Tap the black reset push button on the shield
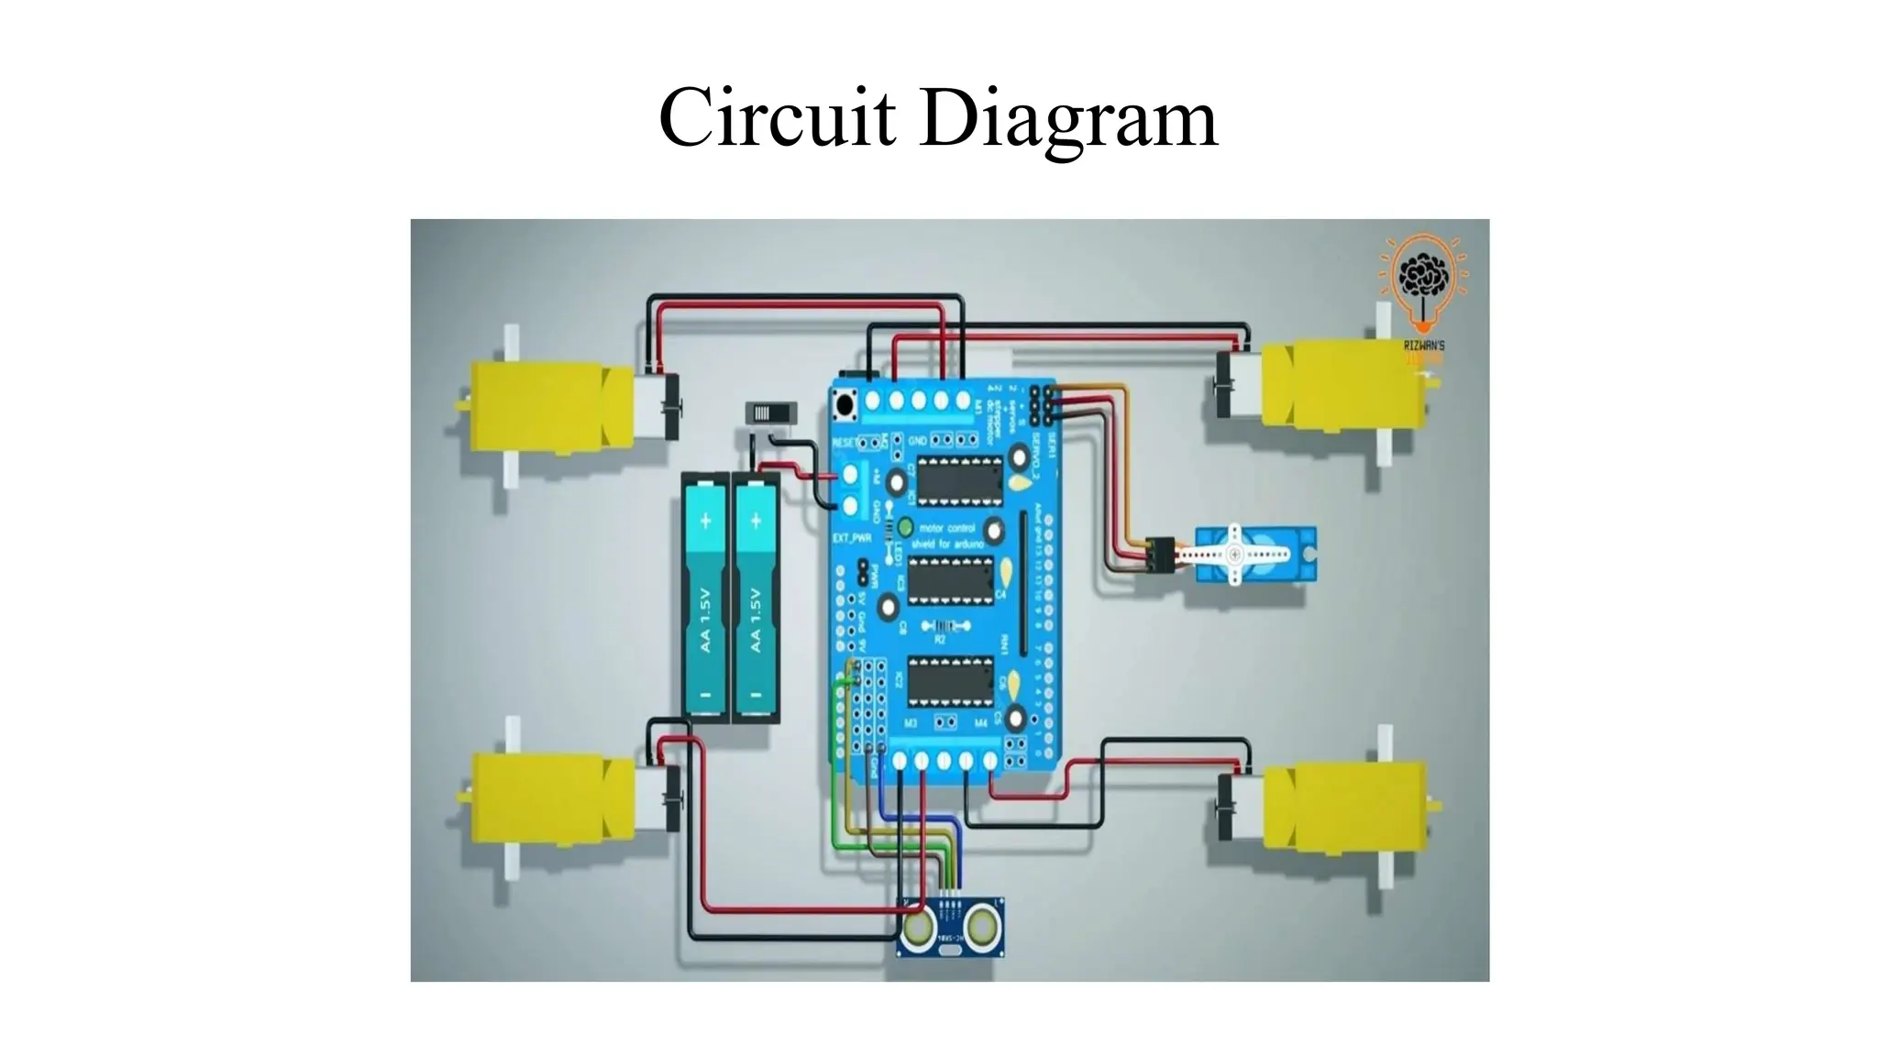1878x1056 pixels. tap(843, 402)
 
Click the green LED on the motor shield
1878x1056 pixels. tap(906, 527)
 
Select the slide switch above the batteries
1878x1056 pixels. tap(768, 413)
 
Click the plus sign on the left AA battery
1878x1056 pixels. tap(706, 522)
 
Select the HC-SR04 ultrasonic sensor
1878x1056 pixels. tap(950, 927)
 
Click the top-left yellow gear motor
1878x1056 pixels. tap(550, 404)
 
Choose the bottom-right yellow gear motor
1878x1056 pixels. tap(1343, 807)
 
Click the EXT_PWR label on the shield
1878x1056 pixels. tap(851, 538)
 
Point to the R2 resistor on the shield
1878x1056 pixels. tap(939, 628)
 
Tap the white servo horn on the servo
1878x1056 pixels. tap(1232, 555)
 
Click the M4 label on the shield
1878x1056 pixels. tap(980, 723)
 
